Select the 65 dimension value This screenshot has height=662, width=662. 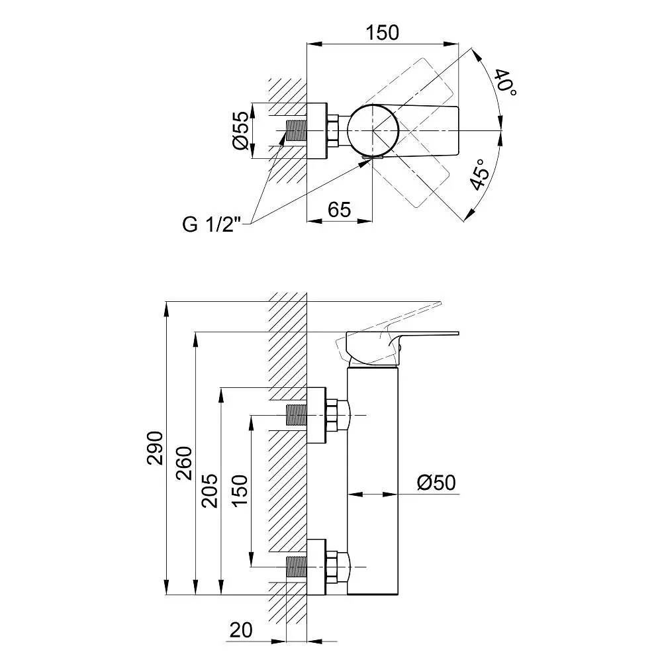339,209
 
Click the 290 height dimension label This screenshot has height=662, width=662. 154,448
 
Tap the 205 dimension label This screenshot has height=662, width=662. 209,490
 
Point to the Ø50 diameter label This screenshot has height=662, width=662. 436,483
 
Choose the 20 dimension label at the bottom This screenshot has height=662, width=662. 242,631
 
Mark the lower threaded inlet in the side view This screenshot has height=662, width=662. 295,567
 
